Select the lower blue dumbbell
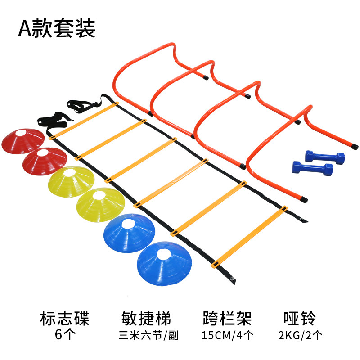312,169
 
